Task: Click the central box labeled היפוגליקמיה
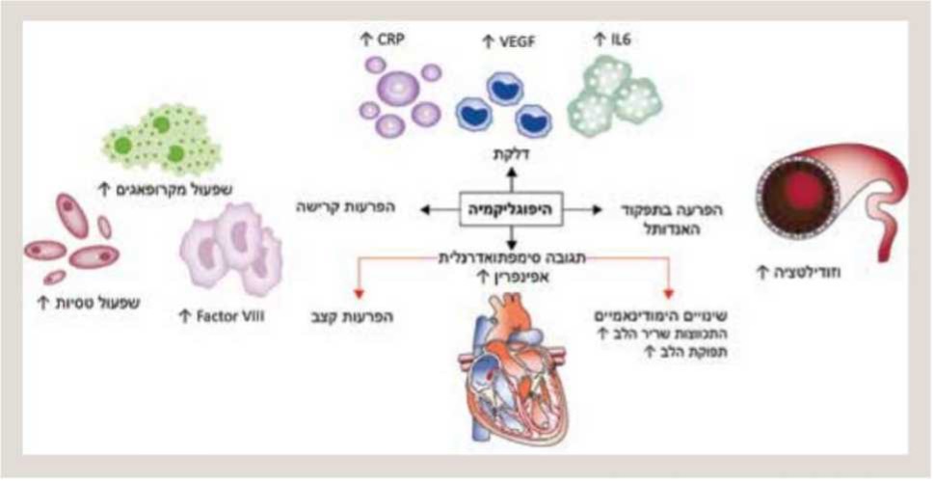512,207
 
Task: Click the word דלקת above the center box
512,155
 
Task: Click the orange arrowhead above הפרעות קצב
358,293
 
